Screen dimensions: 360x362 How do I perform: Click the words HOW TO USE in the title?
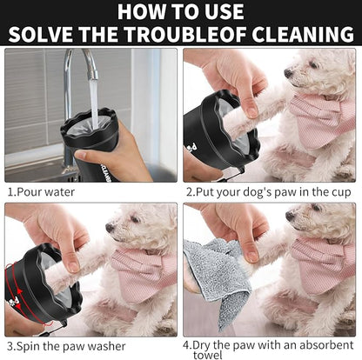point(181,12)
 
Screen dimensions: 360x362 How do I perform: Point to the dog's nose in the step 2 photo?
point(289,73)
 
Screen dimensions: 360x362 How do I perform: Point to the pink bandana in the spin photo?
point(144,270)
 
